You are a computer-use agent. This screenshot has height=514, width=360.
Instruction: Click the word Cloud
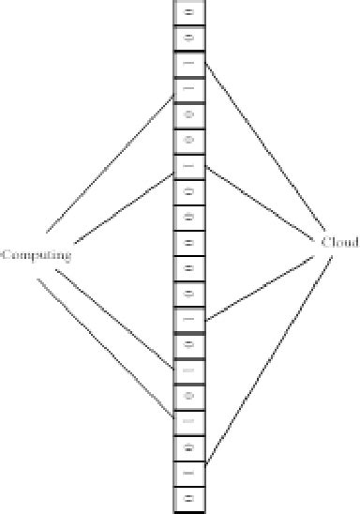tap(339, 242)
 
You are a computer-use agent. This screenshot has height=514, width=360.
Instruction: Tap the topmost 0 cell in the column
tap(188, 13)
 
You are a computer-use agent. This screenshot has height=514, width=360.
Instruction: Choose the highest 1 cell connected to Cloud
tap(188, 64)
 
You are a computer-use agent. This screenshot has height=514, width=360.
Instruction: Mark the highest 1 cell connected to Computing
tap(188, 90)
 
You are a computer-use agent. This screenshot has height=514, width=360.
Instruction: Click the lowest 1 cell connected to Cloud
tap(188, 472)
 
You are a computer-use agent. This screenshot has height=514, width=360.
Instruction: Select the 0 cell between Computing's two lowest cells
tap(188, 396)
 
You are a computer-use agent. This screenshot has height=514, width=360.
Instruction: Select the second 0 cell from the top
tap(188, 38)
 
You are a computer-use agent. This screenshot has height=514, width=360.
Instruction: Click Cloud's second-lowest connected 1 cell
tap(188, 319)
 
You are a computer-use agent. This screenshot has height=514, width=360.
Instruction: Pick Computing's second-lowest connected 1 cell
tap(188, 370)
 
